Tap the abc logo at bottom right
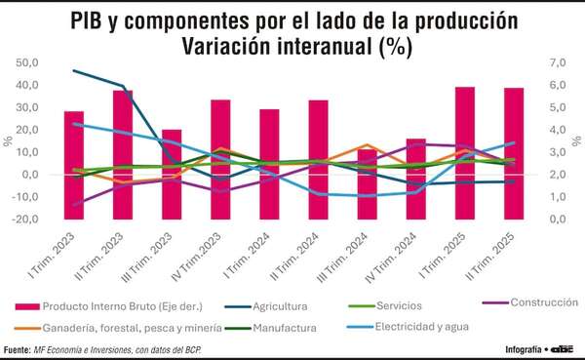(563, 348)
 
